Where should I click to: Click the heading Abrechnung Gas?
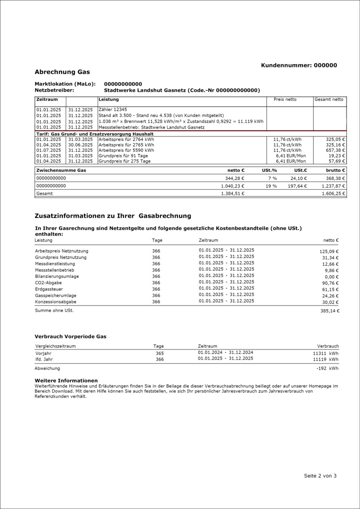point(62,72)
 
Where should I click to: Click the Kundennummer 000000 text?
point(299,65)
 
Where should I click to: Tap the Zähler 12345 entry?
point(112,109)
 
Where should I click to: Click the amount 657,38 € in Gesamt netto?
point(335,150)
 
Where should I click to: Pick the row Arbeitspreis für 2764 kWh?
point(126,139)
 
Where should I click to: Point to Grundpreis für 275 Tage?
point(123,161)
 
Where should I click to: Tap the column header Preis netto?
point(285,99)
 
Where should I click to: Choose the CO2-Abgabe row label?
point(48,283)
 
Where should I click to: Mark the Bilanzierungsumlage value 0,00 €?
point(331,277)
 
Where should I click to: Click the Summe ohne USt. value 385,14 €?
point(329,311)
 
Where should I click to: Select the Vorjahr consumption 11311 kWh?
point(326,353)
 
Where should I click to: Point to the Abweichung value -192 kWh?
point(327,369)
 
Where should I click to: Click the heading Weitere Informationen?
point(66,380)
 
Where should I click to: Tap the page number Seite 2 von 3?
point(320,476)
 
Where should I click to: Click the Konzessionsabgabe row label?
point(55,302)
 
